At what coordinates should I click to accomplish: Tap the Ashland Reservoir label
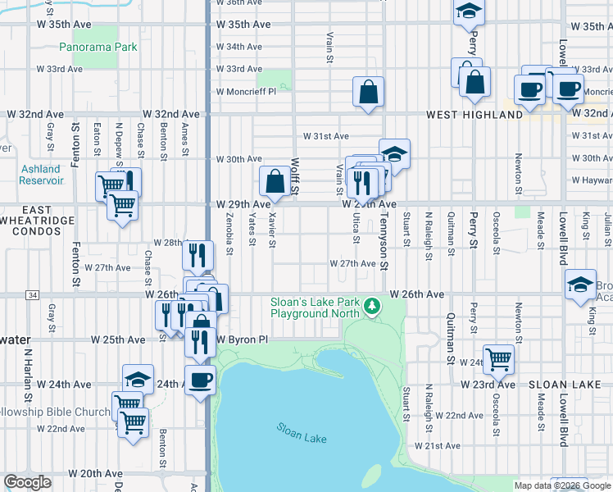40,175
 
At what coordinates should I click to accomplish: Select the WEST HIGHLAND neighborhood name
474,115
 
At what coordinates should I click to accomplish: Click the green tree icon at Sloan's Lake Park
373,306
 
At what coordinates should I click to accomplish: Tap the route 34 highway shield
32,294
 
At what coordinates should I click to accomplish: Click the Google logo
28,482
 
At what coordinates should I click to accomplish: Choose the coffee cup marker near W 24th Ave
200,380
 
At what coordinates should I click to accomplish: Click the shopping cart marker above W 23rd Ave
498,358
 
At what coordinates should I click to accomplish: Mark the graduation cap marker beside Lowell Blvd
581,285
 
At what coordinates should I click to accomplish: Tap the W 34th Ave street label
239,47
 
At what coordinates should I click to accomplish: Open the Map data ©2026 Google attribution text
561,485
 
